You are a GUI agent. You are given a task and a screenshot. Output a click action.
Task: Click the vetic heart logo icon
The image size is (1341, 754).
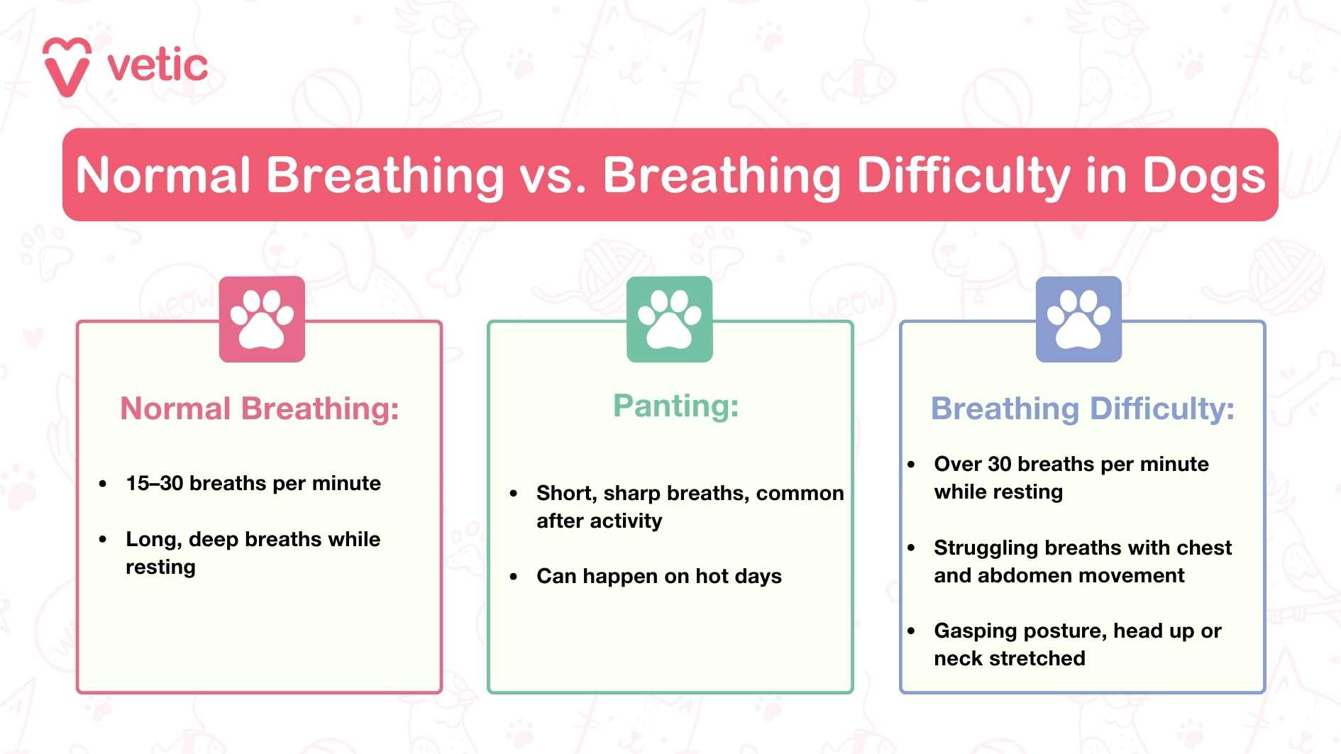point(67,67)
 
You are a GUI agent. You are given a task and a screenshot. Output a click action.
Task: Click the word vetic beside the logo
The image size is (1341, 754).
point(158,66)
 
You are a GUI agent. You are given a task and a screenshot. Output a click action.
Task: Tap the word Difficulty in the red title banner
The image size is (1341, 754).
point(963,175)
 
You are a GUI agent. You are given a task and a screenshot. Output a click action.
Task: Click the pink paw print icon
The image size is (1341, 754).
point(262,319)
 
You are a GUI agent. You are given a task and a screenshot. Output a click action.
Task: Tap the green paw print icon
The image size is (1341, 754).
point(669,319)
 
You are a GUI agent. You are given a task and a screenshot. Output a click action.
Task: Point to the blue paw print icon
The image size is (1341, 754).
point(1078,319)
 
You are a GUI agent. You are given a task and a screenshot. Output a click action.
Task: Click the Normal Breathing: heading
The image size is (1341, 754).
point(260,409)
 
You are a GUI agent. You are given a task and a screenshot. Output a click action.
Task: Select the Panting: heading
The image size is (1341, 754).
point(675,406)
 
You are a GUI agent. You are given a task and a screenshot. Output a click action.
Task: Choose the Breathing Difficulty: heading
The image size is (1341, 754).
point(1082,409)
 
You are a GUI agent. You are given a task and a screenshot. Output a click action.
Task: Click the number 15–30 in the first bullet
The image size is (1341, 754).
point(154,484)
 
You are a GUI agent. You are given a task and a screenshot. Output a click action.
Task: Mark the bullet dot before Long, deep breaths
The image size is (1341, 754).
point(103,540)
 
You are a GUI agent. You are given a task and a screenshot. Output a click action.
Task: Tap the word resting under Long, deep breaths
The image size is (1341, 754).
point(160,567)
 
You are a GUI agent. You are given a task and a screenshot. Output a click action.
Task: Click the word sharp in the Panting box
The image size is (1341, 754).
point(631,493)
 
